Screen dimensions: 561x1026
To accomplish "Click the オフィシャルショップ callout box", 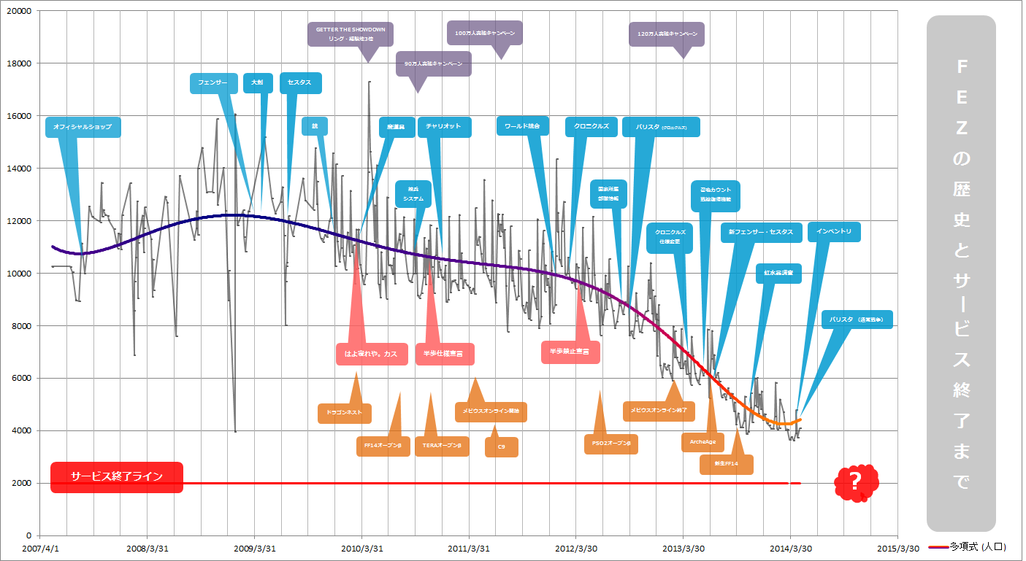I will click(x=83, y=127).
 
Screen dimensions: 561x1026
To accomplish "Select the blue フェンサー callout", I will click(x=213, y=83).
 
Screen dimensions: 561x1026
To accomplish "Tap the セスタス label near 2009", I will click(x=299, y=83).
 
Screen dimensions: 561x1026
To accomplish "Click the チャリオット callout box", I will click(x=444, y=127).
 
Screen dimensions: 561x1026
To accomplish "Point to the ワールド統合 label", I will click(x=522, y=126).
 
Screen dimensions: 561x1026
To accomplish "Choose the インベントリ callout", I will click(x=833, y=232).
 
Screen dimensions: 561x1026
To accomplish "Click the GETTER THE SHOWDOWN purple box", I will click(x=351, y=34).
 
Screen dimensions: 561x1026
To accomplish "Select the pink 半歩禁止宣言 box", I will click(x=570, y=352).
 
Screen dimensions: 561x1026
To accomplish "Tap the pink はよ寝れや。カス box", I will click(x=371, y=354).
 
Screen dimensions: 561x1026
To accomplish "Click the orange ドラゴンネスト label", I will click(x=345, y=413).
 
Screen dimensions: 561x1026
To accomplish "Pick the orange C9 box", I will click(x=502, y=446).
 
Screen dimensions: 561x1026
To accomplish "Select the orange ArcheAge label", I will click(x=702, y=441).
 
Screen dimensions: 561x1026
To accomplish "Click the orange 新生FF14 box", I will click(x=726, y=464).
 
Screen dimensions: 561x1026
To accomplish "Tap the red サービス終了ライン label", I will click(x=117, y=477).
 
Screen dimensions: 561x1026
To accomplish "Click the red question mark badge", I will click(x=856, y=481).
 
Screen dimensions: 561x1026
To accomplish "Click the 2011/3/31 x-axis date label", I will click(x=468, y=549).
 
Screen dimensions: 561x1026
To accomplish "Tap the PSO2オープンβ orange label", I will click(x=611, y=444).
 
